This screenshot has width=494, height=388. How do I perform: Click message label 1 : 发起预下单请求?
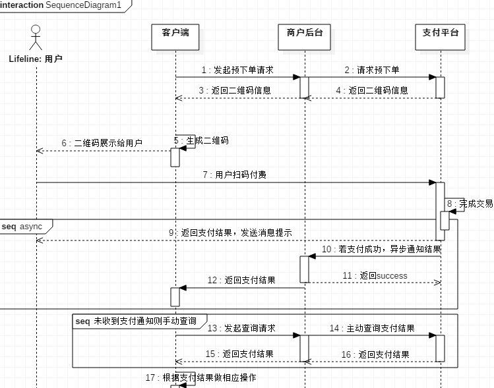[x=237, y=70]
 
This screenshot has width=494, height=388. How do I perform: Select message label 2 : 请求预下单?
[x=371, y=70]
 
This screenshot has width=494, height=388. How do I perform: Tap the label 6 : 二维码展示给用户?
[x=102, y=143]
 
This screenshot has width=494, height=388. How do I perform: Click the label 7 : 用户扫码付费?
[x=235, y=175]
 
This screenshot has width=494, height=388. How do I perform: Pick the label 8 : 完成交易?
[x=470, y=204]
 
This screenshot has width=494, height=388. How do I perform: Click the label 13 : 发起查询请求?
[x=241, y=328]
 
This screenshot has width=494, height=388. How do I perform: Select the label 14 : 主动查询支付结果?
[x=372, y=328]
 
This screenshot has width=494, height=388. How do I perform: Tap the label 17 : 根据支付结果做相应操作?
[x=201, y=378]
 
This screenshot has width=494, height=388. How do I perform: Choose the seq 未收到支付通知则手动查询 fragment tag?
[x=136, y=321]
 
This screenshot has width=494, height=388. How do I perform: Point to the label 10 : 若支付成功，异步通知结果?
[x=381, y=250]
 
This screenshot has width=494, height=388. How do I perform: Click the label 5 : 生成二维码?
[x=202, y=140]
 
